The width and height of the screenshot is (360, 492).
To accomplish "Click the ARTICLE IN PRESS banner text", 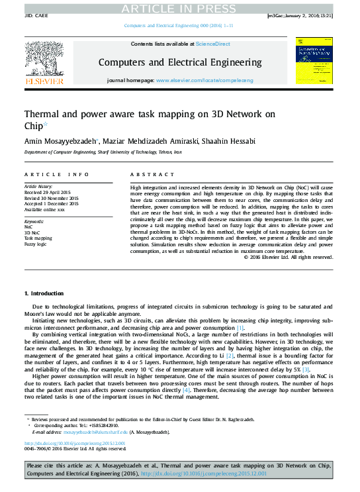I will coord(180,7).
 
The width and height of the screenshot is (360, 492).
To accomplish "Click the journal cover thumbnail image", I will coord(314,61).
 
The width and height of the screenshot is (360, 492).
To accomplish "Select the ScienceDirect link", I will coord(208,44).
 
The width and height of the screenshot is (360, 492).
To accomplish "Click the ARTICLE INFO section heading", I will coord(56,174).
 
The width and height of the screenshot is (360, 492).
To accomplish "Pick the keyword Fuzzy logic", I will coord(36,244).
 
